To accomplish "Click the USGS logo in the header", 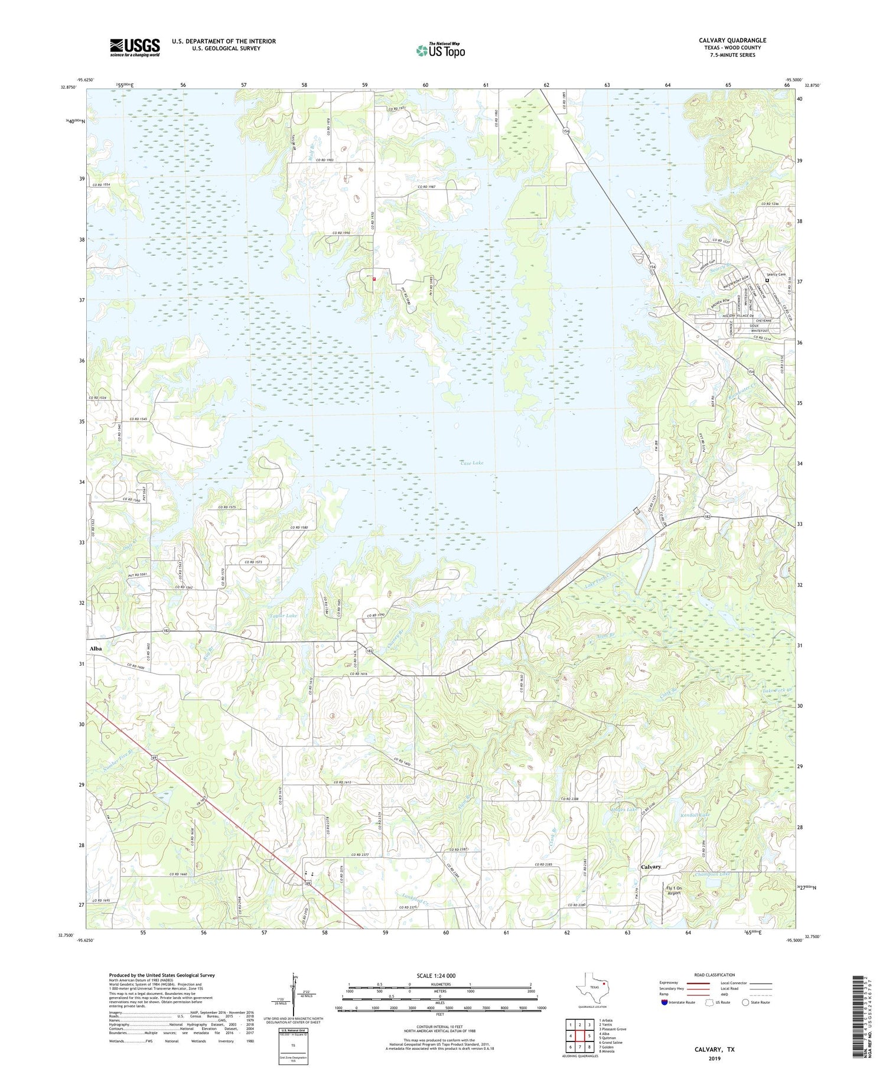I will tap(135, 47).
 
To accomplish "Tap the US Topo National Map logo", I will tap(440, 50).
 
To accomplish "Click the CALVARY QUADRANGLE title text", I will tap(732, 40).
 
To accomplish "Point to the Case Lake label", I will tap(471, 463).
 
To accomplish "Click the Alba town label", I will tap(95, 648).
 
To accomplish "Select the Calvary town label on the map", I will tap(651, 867).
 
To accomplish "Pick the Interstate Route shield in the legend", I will tap(664, 1002).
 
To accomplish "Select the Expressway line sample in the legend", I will tap(700, 983).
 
